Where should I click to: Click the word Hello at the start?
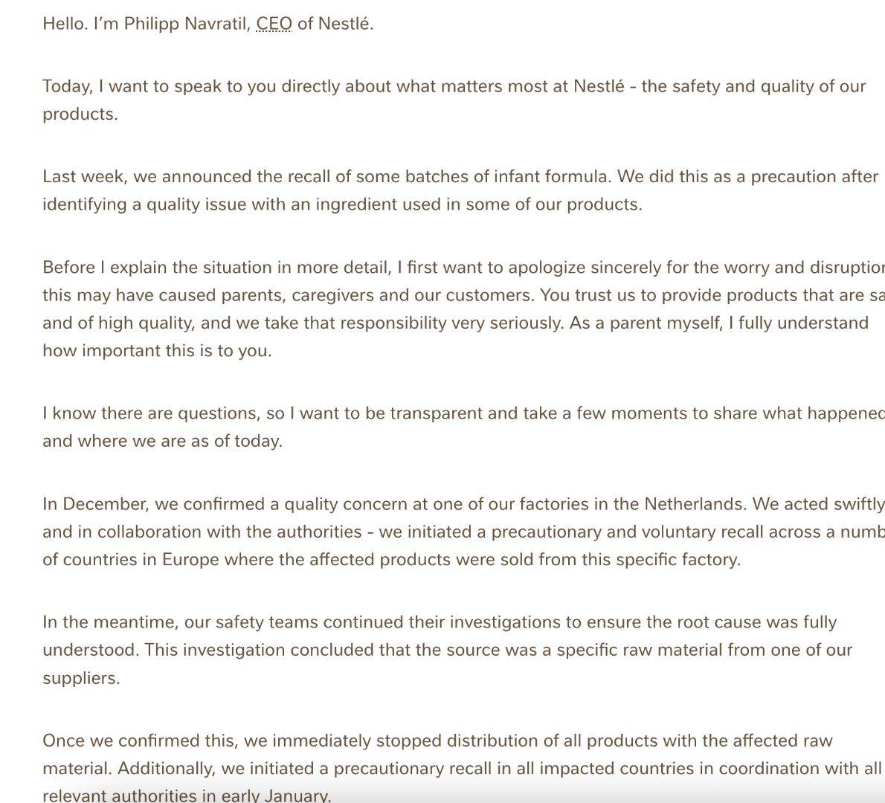(x=64, y=24)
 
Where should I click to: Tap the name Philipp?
(x=151, y=24)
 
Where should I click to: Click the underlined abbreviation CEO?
(x=274, y=24)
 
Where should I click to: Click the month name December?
(x=105, y=504)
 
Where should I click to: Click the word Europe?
(x=190, y=559)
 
